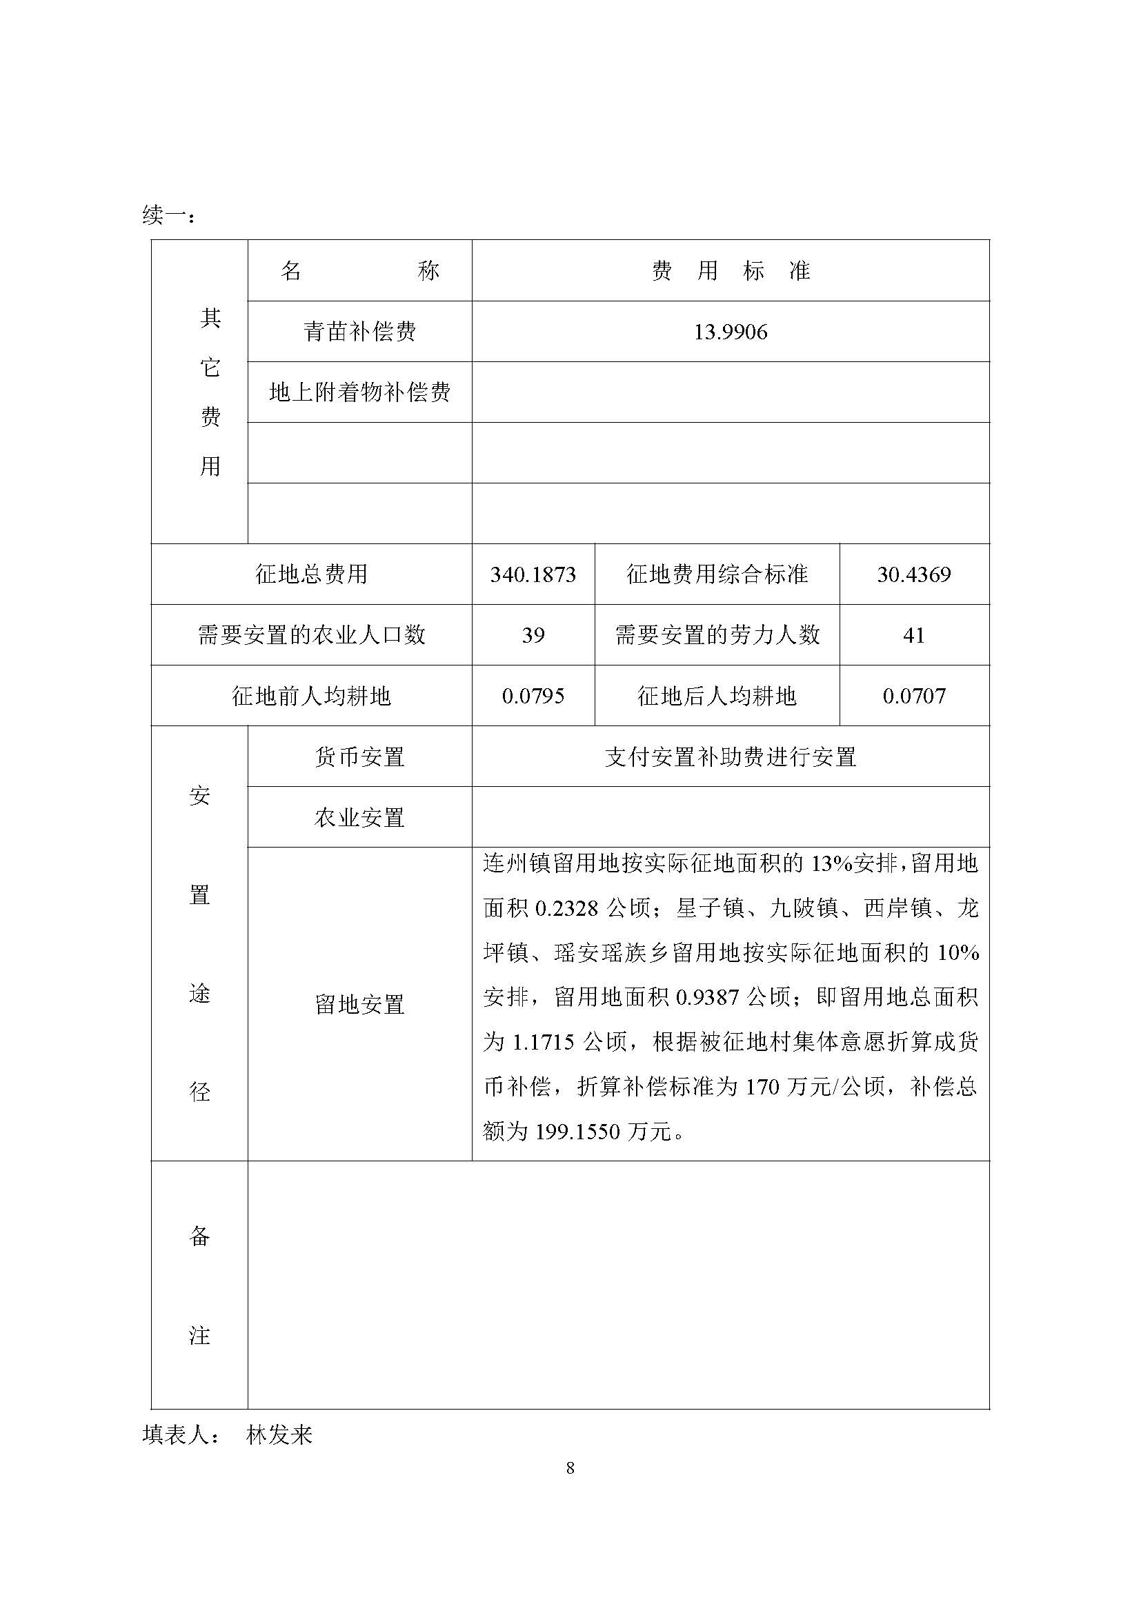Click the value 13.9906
(x=730, y=332)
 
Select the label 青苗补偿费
(x=359, y=332)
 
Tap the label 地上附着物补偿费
(x=359, y=392)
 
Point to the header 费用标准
(x=730, y=270)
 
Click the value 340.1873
(x=533, y=574)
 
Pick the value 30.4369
(x=913, y=574)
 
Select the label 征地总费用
(x=311, y=574)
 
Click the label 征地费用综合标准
(x=717, y=574)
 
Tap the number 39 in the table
(x=533, y=635)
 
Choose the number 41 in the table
(x=913, y=635)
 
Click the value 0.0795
(x=533, y=697)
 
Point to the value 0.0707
(x=913, y=697)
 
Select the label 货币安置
(x=359, y=757)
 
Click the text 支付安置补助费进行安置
(x=730, y=757)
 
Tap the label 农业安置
(x=359, y=817)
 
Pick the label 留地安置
(x=359, y=1004)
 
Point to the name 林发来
(x=279, y=1434)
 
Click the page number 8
(x=570, y=1467)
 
